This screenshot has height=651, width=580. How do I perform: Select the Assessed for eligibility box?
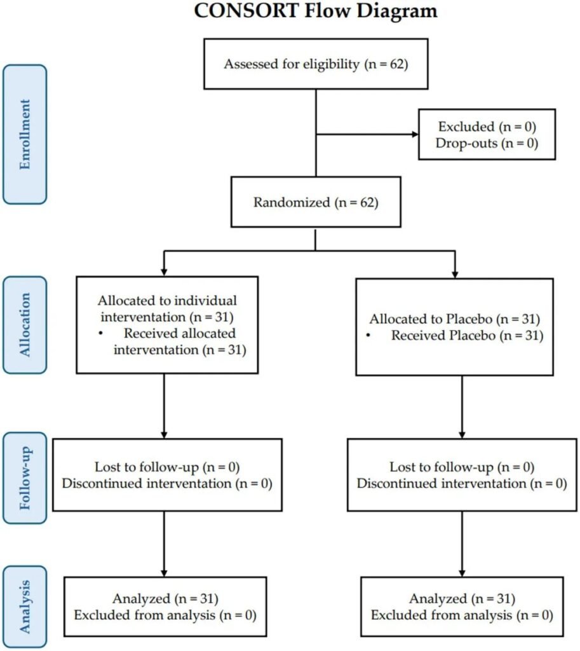pos(316,64)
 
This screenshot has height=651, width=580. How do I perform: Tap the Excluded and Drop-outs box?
pos(487,134)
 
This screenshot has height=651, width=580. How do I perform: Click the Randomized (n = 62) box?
pos(316,203)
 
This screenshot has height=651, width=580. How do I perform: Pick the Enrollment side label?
pos(25,134)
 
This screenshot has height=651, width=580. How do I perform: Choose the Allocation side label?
pos(25,324)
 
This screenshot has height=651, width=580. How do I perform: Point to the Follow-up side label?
pos(25,477)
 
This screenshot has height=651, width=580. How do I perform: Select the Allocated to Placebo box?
pos(461,325)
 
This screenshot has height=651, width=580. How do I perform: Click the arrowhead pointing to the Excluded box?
pos(415,134)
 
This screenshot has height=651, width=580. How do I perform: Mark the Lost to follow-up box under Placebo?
pos(461,474)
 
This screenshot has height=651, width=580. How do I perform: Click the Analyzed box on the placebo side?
pos(461,606)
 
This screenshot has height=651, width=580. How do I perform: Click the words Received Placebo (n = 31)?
pos(468,335)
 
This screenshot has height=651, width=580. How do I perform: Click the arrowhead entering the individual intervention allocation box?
pos(165,271)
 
